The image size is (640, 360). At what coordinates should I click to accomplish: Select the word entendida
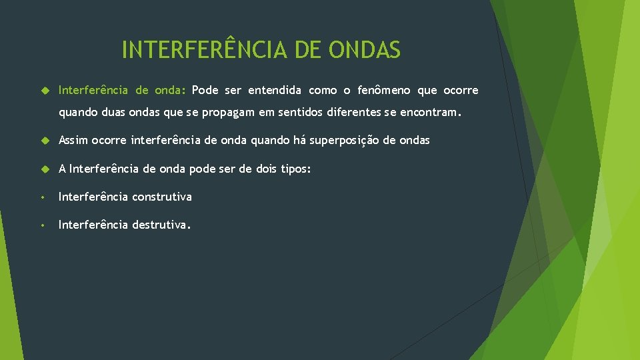[275, 90]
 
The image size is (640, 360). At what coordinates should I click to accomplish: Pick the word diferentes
[354, 113]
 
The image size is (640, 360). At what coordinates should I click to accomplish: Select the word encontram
[426, 113]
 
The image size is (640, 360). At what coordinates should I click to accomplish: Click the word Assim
[73, 140]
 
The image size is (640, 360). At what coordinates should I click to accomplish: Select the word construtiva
[162, 197]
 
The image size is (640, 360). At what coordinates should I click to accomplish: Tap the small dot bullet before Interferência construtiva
[42, 197]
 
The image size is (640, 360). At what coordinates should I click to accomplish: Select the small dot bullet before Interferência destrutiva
[42, 225]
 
